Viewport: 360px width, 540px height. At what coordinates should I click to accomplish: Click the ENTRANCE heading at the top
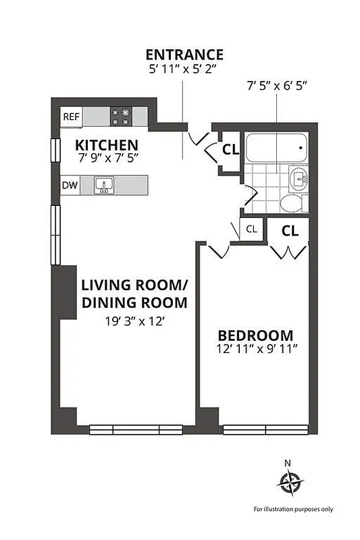tap(184, 55)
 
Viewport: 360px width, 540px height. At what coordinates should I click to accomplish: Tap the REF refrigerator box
tap(71, 116)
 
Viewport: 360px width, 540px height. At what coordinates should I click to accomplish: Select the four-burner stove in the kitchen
tap(121, 116)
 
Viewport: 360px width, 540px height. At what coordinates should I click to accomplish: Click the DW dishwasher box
tap(70, 185)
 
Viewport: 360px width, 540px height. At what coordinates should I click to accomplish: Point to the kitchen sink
tap(103, 185)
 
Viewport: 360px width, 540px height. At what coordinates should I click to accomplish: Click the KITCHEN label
tap(107, 145)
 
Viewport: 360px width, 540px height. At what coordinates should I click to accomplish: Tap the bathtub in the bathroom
tap(276, 148)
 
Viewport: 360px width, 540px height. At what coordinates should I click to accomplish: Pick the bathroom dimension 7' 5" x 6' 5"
tap(276, 86)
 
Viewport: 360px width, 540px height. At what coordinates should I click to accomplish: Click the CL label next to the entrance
tap(230, 150)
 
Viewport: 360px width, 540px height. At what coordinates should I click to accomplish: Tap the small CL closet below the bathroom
tap(251, 229)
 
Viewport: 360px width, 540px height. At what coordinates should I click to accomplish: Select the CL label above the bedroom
tap(290, 230)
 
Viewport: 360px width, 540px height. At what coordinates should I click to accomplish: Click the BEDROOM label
tap(255, 335)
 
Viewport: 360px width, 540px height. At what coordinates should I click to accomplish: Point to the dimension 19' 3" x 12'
tap(134, 322)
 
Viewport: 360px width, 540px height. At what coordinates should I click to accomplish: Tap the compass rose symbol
tap(290, 482)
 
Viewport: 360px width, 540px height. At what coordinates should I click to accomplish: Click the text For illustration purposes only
tap(293, 509)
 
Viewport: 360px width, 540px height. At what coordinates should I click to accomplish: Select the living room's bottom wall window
tap(136, 429)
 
